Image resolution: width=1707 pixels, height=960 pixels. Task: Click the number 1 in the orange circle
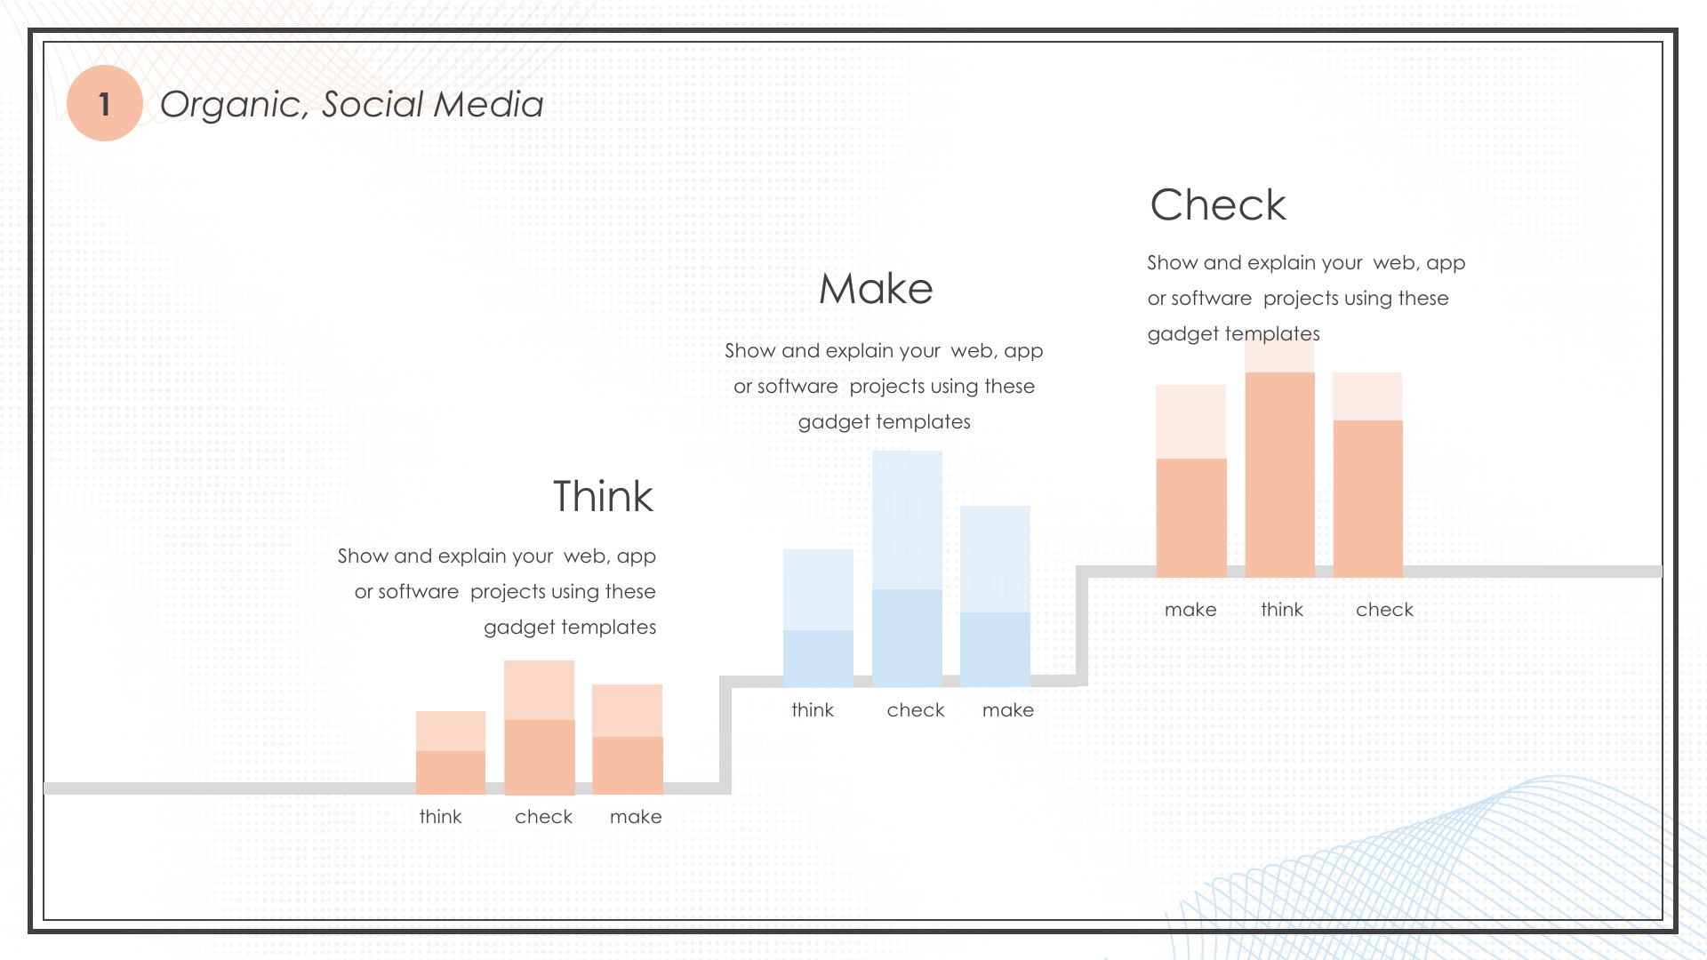[x=105, y=104]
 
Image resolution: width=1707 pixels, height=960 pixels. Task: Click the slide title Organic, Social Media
[x=351, y=105]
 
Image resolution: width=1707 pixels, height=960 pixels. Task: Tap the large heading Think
[x=603, y=496]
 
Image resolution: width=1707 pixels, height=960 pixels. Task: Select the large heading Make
[x=876, y=289]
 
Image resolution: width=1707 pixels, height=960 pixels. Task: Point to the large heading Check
[x=1218, y=205]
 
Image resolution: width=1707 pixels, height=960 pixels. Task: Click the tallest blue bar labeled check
[x=907, y=569]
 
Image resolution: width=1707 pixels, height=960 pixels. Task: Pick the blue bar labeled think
[x=818, y=618]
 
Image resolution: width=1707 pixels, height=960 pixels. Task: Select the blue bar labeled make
[x=995, y=596]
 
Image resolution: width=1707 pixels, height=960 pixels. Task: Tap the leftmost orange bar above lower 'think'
[x=451, y=753]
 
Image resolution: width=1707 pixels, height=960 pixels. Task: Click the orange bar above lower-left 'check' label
[x=539, y=727]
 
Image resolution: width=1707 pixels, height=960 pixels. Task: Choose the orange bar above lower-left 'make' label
[x=628, y=740]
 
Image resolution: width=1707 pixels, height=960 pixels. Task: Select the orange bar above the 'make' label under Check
[x=1191, y=482]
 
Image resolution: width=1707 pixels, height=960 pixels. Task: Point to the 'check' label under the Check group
[x=1384, y=610]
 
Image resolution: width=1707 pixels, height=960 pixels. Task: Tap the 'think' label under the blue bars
[x=813, y=710]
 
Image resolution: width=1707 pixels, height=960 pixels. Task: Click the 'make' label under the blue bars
[x=1008, y=710]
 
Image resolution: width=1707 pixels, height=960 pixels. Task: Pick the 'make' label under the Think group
[x=636, y=817]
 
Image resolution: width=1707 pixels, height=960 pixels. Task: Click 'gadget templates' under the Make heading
[x=884, y=422]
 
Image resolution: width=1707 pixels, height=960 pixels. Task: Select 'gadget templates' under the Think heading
[x=570, y=628]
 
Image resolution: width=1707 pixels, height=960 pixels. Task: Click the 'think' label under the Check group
[x=1282, y=610]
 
